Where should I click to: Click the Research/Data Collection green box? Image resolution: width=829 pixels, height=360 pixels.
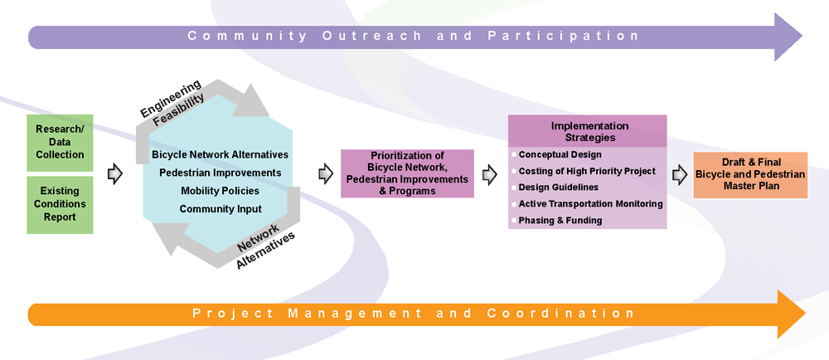pyautogui.click(x=60, y=143)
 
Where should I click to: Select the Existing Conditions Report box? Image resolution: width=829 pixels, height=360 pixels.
pyautogui.click(x=60, y=205)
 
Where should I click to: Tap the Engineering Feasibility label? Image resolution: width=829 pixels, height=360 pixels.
pyautogui.click(x=172, y=103)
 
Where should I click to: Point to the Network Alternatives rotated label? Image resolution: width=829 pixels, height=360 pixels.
pyautogui.click(x=264, y=246)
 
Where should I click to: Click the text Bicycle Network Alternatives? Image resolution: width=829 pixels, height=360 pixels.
pyautogui.click(x=220, y=155)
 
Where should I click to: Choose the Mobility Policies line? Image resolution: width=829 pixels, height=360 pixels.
pyautogui.click(x=220, y=190)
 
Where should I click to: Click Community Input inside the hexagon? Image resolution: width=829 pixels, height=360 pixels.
pyautogui.click(x=220, y=209)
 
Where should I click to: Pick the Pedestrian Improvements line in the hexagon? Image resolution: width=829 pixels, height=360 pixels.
pyautogui.click(x=220, y=173)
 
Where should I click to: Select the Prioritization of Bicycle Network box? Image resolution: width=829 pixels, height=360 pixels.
pyautogui.click(x=407, y=173)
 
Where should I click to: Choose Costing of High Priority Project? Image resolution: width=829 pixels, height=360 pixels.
pyautogui.click(x=584, y=171)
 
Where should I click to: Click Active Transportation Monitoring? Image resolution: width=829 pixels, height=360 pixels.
pyautogui.click(x=587, y=203)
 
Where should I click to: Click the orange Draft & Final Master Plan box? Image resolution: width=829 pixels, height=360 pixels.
pyautogui.click(x=750, y=176)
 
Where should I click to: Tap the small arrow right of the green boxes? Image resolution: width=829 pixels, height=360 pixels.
pyautogui.click(x=114, y=174)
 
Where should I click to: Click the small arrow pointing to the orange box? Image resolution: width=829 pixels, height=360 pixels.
pyautogui.click(x=680, y=175)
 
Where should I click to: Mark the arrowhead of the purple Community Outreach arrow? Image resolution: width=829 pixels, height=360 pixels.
pyautogui.click(x=788, y=36)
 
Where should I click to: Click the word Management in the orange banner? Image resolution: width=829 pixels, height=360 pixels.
pyautogui.click(x=355, y=313)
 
